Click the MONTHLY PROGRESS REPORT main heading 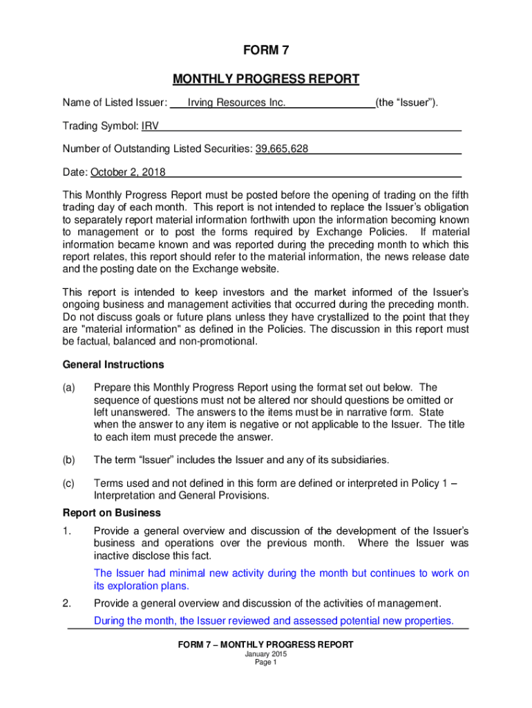pos(265,79)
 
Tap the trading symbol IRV pos(150,127)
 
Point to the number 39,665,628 pos(282,149)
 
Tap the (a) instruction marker pos(68,387)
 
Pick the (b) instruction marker pos(68,460)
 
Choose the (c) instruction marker pos(68,484)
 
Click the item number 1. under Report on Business pos(67,530)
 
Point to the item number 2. pos(67,603)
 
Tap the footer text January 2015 pos(265,654)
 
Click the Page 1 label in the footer pos(265,662)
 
